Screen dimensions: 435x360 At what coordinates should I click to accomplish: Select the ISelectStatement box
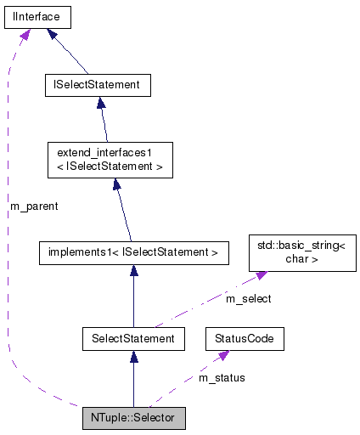click(x=98, y=85)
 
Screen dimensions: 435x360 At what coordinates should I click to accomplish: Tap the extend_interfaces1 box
click(x=110, y=160)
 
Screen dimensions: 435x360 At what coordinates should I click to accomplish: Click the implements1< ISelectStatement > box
click(x=132, y=251)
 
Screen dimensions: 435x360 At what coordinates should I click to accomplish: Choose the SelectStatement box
click(x=133, y=338)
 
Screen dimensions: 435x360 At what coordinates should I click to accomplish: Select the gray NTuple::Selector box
click(x=133, y=418)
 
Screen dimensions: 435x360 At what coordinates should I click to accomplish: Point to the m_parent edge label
click(x=34, y=206)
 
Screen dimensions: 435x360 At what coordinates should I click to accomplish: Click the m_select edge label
click(x=249, y=298)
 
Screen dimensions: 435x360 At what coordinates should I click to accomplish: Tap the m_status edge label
click(x=222, y=377)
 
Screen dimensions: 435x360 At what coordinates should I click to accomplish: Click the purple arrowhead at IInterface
click(x=25, y=33)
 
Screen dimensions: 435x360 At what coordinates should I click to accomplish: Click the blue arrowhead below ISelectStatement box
click(x=101, y=103)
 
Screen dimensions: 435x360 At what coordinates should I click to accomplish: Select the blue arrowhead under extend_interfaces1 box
click(x=115, y=184)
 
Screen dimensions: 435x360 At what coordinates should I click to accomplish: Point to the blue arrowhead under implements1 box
click(x=133, y=270)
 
